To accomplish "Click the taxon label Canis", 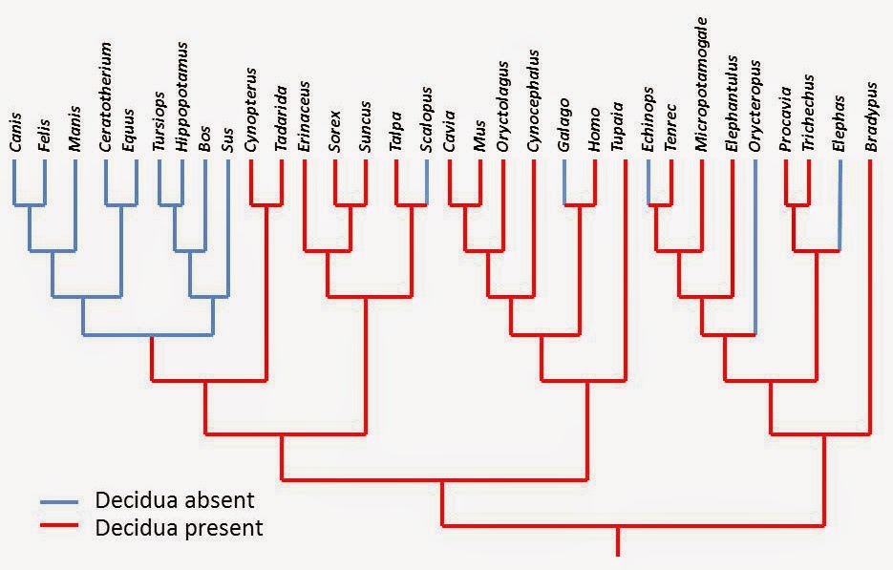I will click(x=15, y=134).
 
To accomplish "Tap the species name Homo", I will click(x=595, y=133).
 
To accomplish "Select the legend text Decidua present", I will click(x=179, y=526).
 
